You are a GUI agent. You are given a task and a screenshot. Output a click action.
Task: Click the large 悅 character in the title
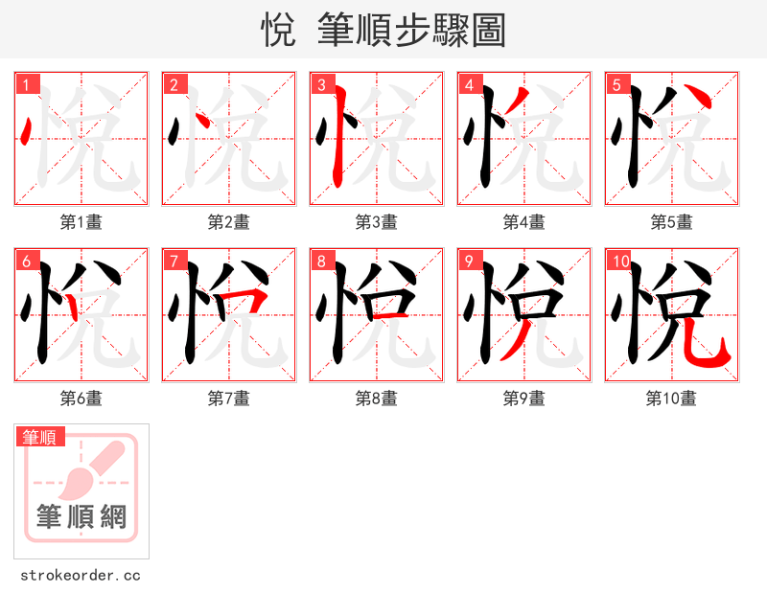pos(277,31)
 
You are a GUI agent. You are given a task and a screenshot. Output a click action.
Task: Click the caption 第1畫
pos(81,222)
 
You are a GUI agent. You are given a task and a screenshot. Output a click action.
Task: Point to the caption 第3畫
pos(377,222)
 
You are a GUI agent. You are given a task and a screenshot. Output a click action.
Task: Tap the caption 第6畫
pos(81,399)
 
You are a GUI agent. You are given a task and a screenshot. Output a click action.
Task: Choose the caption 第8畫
pos(377,399)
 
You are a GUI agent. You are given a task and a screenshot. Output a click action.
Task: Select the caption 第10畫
pos(671,399)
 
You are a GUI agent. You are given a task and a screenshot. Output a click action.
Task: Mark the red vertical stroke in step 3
pos(337,144)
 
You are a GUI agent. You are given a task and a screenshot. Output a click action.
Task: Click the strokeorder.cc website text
pos(81,576)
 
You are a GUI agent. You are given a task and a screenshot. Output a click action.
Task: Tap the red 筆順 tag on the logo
pos(41,437)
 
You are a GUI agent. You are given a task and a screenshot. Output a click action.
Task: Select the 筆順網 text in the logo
pos(81,517)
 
